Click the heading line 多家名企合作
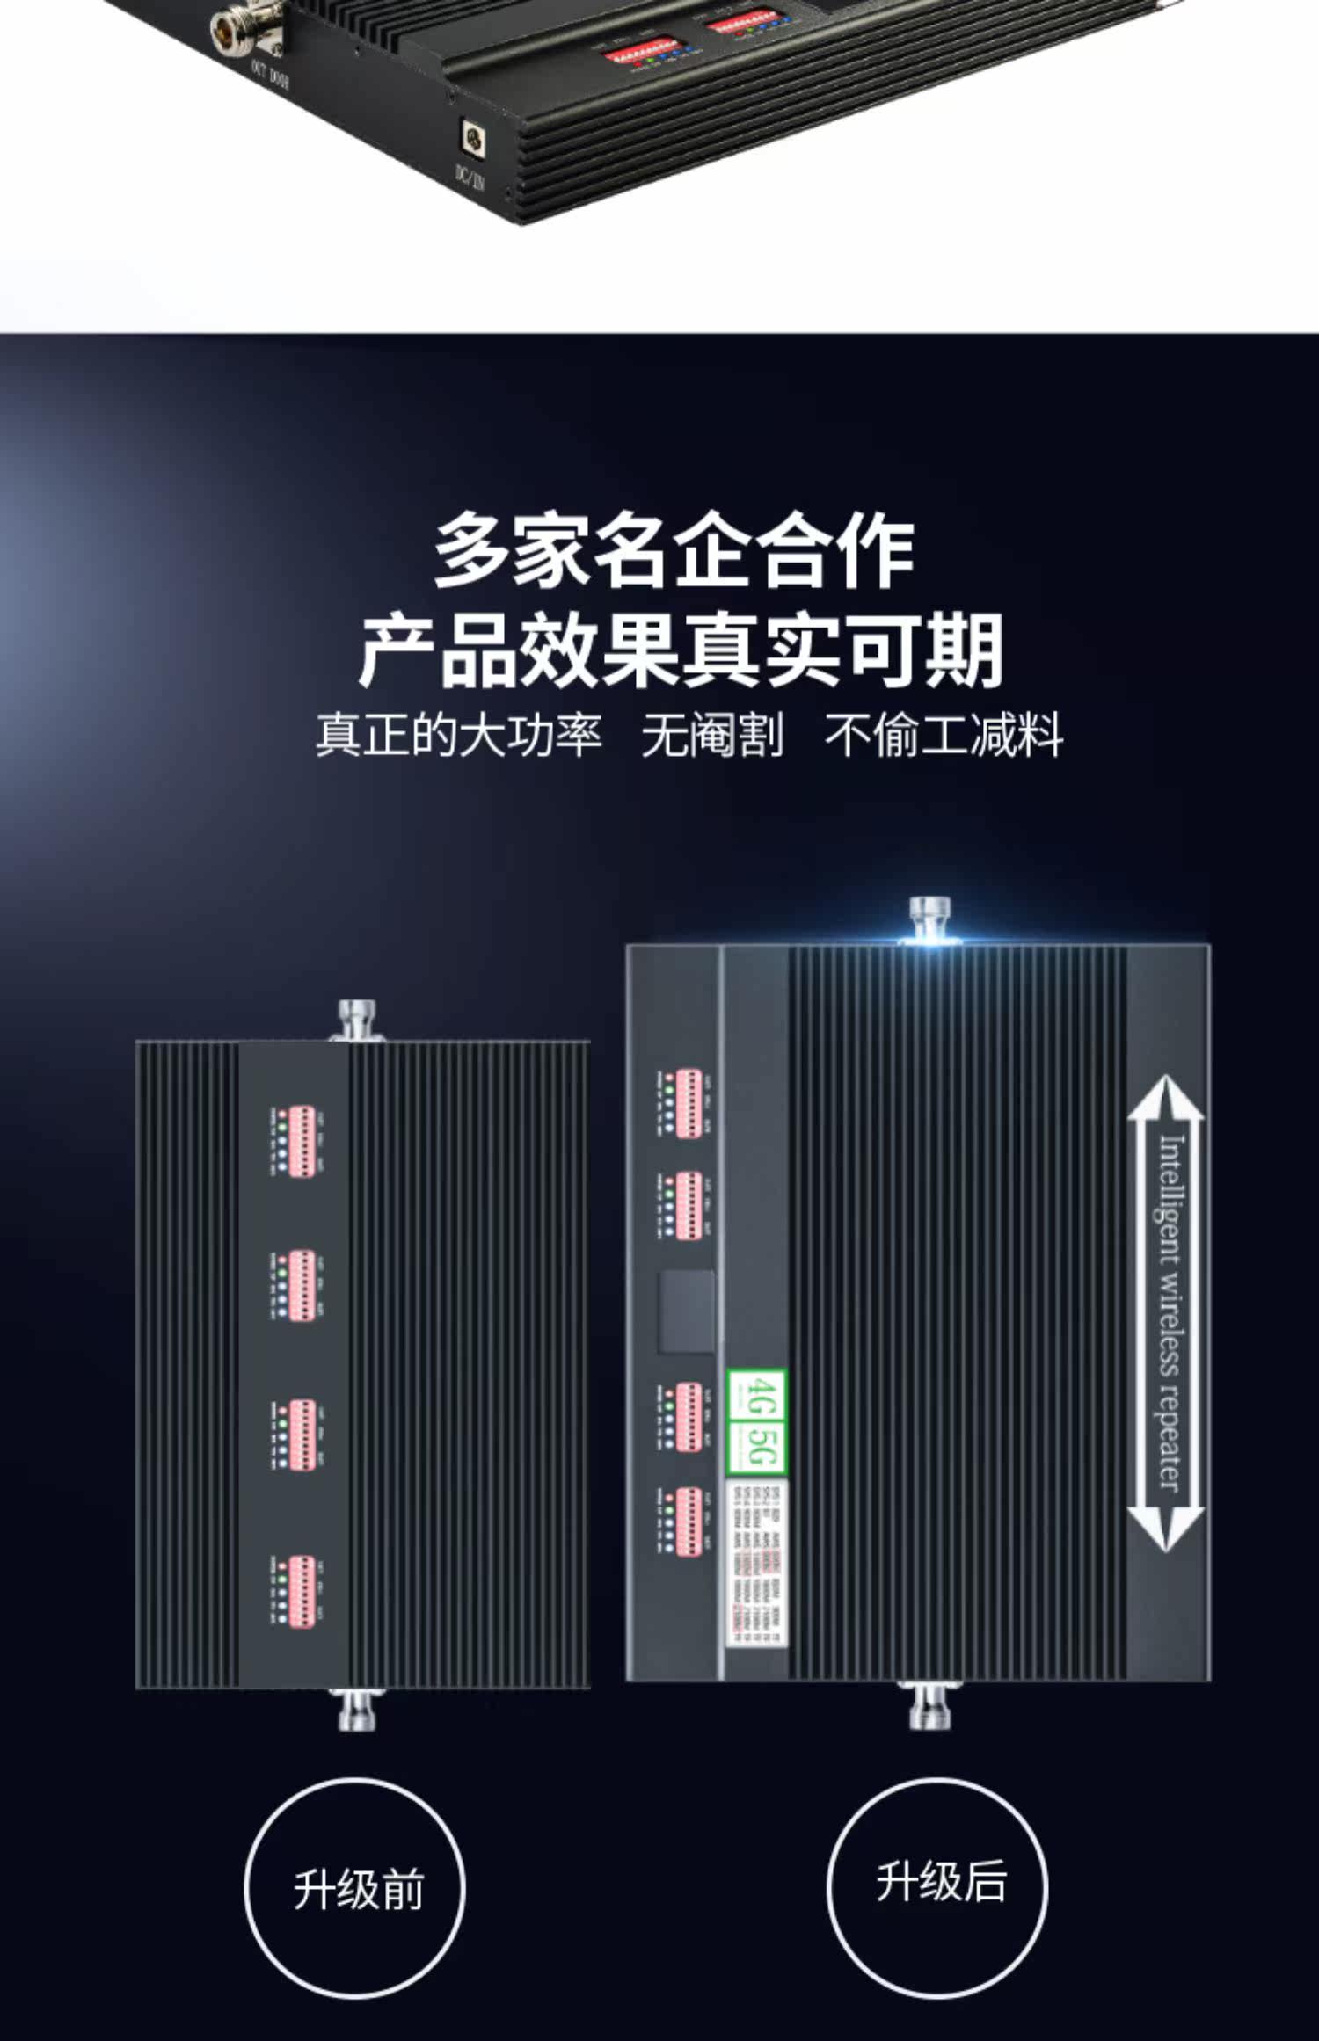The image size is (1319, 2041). (674, 552)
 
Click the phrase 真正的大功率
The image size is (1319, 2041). (459, 735)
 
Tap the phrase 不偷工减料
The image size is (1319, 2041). (944, 735)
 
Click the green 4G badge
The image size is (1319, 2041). (757, 1397)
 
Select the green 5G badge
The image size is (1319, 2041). (757, 1446)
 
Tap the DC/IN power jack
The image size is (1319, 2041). (474, 138)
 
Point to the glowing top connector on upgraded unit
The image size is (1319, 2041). (929, 919)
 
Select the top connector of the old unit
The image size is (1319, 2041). (357, 1020)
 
